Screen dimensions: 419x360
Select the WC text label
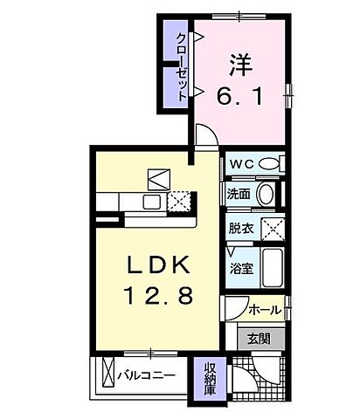pos(240,163)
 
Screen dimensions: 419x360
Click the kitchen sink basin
pos(150,202)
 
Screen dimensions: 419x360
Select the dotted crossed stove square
pos(178,202)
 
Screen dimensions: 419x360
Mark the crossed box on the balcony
pos(108,375)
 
